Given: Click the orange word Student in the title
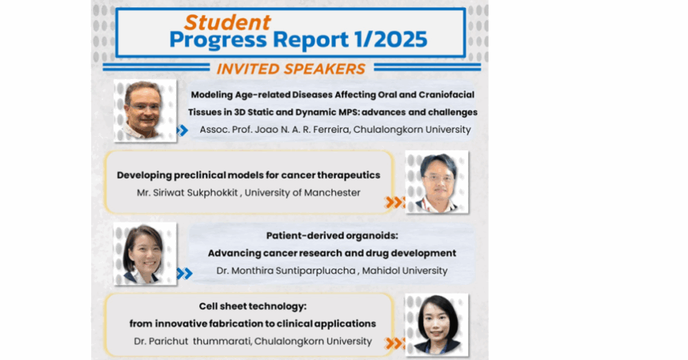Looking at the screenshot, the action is [227, 22].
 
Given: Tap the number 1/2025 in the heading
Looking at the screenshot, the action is [390, 39].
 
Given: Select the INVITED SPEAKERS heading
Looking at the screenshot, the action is [291, 69].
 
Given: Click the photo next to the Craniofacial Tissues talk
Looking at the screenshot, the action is [146, 111].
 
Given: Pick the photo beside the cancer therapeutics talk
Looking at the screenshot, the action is [437, 182].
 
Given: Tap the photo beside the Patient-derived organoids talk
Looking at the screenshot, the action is [146, 254].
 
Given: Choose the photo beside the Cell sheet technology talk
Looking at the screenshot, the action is [437, 325].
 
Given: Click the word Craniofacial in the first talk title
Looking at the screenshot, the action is [446, 94].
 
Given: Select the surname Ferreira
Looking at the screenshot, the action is [332, 130].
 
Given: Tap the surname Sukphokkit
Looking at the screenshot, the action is [212, 193].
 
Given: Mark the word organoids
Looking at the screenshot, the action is [372, 236].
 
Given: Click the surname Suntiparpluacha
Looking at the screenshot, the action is [315, 271].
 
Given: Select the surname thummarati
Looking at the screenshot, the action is [222, 341].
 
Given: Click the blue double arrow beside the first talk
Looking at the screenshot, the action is [182, 130].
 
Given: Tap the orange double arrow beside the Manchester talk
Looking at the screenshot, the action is [394, 202].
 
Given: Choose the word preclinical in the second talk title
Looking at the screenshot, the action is [200, 175].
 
